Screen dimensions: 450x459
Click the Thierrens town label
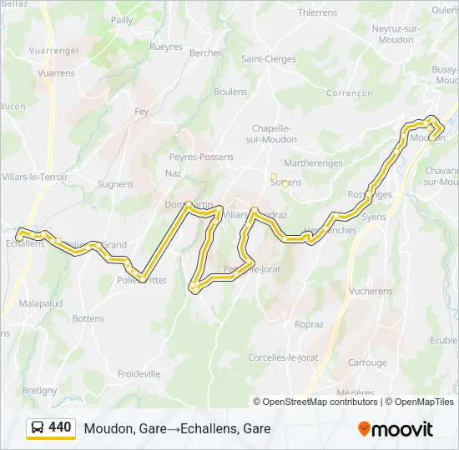click(317, 12)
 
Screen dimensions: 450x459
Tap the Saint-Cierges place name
click(268, 59)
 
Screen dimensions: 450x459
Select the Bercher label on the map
click(205, 52)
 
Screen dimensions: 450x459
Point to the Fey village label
click(141, 111)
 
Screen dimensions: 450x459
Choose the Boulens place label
click(230, 92)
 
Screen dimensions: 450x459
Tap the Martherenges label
click(313, 163)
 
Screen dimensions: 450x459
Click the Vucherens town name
click(371, 292)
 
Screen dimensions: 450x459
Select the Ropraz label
click(309, 325)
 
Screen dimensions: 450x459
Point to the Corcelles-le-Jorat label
click(283, 357)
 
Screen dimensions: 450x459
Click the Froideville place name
click(139, 374)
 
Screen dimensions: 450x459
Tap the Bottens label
click(88, 318)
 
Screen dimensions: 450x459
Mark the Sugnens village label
click(115, 184)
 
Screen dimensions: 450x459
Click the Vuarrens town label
click(56, 73)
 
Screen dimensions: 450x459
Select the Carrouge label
click(367, 362)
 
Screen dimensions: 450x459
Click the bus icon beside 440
click(38, 428)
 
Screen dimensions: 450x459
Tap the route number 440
click(60, 427)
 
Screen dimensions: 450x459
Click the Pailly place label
click(122, 20)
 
